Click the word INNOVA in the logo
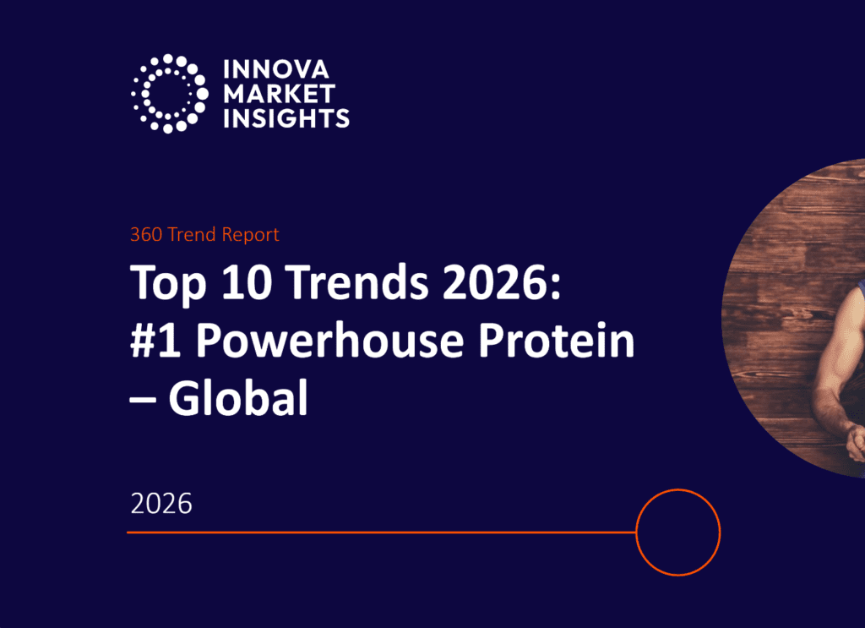[276, 69]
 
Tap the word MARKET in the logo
[279, 94]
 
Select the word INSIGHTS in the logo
[286, 118]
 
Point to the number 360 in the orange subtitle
[146, 234]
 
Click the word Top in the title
[168, 283]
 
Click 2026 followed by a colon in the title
[502, 281]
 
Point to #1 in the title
[155, 340]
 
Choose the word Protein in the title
[557, 339]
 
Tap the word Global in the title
[238, 396]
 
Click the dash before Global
[143, 400]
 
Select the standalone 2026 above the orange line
[161, 504]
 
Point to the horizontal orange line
[382, 532]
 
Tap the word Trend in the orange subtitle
[192, 234]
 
